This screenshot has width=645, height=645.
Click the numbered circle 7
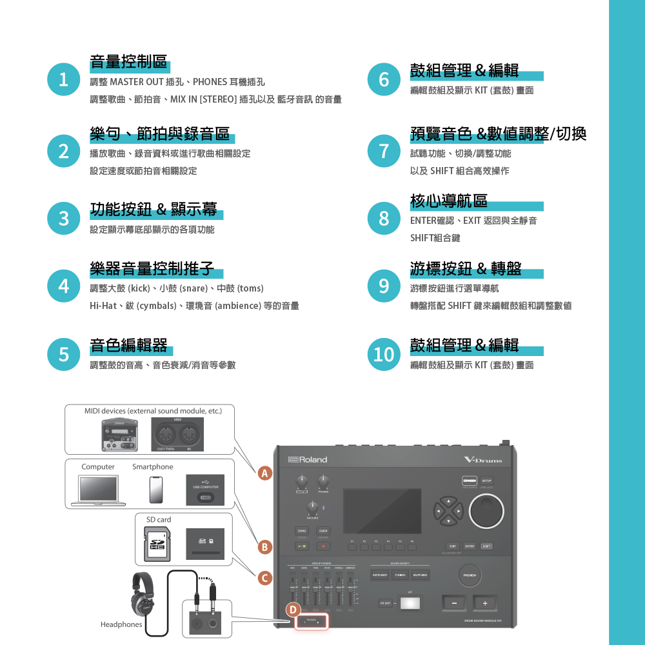(x=384, y=150)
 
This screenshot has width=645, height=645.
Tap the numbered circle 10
(x=384, y=354)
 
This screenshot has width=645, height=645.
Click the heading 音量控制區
(x=128, y=63)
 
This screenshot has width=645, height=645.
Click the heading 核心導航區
(x=449, y=201)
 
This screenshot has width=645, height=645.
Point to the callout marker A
(x=263, y=474)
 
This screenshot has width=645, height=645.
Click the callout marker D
(x=293, y=610)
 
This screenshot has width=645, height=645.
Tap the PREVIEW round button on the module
(x=470, y=575)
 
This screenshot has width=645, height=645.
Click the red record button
(x=323, y=547)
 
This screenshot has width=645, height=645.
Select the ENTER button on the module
(x=470, y=546)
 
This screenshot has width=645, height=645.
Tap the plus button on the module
(x=484, y=604)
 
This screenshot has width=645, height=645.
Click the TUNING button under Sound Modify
(x=400, y=575)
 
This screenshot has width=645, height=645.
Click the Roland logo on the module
(x=308, y=459)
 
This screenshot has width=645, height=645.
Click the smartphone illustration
(x=155, y=490)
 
